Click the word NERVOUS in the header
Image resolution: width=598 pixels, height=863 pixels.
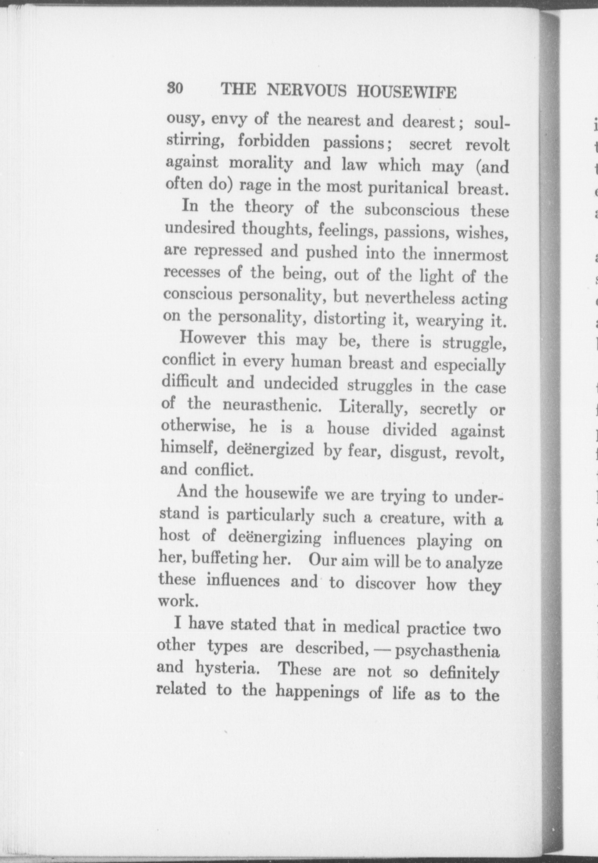307,91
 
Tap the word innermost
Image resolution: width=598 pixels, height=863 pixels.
471,255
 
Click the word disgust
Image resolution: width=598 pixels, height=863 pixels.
418,453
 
